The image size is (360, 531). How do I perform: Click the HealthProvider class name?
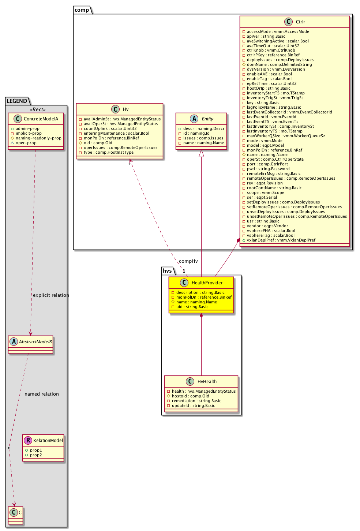click(x=207, y=283)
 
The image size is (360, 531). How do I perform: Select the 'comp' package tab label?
click(x=82, y=10)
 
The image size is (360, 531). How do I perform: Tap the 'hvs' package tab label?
click(x=167, y=271)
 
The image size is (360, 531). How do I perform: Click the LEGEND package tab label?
click(x=17, y=101)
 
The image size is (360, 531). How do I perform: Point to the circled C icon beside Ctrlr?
click(x=289, y=22)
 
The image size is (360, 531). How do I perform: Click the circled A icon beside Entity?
click(x=194, y=119)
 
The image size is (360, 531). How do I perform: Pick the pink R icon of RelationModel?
click(x=28, y=440)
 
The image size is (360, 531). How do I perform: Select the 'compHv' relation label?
click(x=188, y=261)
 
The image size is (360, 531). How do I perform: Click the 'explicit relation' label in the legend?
click(x=51, y=295)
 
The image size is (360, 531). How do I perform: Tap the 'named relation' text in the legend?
click(x=42, y=394)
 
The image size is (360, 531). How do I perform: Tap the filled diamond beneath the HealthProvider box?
click(x=201, y=316)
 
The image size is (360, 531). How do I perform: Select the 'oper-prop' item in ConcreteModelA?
click(x=26, y=143)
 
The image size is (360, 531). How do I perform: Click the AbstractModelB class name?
click(x=35, y=342)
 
